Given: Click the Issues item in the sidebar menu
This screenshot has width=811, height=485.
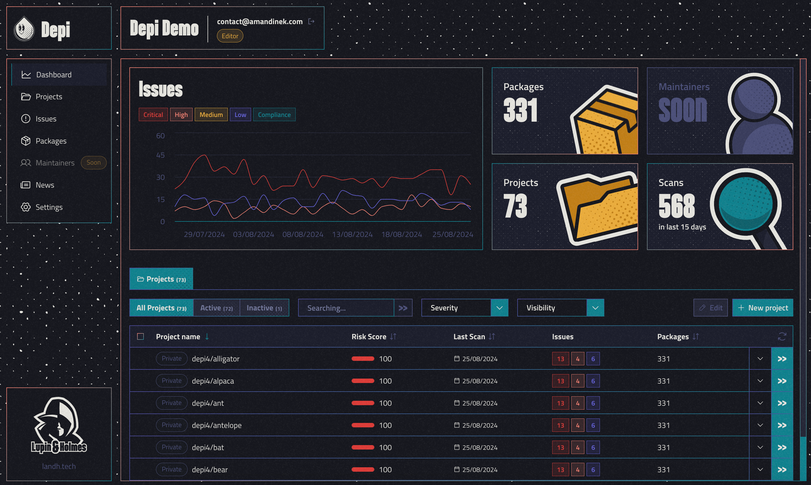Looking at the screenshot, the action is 46,119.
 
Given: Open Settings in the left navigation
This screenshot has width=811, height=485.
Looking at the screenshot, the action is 49,207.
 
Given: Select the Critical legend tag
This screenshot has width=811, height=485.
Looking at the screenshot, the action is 153,114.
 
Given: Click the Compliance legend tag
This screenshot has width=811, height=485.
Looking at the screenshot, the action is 274,114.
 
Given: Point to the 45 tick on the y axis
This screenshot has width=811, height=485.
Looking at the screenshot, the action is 160,155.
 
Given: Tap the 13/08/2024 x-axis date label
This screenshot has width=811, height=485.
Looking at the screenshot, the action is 352,234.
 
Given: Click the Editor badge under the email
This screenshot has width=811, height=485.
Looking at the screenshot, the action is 230,36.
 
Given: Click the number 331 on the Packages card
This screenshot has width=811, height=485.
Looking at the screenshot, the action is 520,110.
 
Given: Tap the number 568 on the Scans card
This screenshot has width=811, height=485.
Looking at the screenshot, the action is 676,206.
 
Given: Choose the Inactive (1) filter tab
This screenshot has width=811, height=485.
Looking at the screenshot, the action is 264,308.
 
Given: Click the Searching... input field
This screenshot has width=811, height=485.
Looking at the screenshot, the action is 346,308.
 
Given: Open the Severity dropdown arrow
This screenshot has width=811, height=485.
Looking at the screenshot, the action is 500,308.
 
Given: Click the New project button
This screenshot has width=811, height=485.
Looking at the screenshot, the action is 763,308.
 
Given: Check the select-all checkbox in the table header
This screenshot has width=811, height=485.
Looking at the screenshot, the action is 140,337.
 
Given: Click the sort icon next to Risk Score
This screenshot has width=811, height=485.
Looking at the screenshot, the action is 393,337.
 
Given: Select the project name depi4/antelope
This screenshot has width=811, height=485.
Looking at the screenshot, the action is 217,425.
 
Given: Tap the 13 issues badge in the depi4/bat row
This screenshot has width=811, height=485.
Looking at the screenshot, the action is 560,447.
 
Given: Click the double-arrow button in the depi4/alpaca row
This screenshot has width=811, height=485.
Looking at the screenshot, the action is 782,381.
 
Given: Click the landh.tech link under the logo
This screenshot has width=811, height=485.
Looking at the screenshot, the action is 59,466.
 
